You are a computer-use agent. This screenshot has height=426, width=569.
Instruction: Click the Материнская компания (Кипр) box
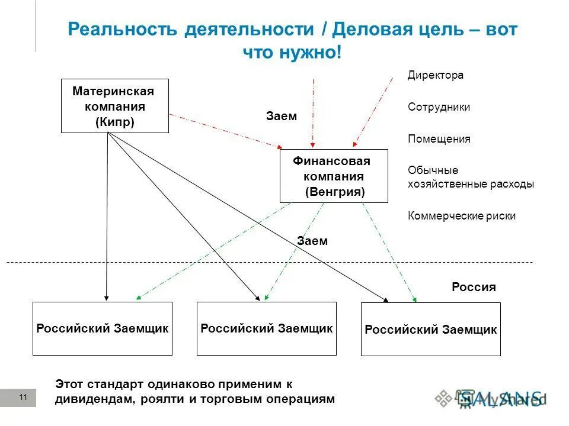click(115, 106)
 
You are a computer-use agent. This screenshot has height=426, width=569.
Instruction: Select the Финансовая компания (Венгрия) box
click(334, 176)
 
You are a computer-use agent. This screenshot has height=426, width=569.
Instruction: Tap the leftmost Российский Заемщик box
click(103, 329)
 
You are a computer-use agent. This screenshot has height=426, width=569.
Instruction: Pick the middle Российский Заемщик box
click(266, 328)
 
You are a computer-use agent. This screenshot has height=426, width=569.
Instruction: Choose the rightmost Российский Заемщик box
click(430, 330)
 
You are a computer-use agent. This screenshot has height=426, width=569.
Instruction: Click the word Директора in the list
click(436, 76)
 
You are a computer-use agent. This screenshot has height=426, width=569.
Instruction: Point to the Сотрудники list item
click(439, 107)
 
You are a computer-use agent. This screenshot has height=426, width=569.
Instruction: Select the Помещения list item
click(439, 139)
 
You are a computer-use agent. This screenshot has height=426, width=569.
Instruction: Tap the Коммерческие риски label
click(462, 216)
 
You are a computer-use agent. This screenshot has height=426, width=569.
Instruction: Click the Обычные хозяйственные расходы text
click(471, 177)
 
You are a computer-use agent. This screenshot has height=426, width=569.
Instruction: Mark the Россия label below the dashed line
click(474, 288)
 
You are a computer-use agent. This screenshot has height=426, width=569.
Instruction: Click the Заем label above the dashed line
click(312, 241)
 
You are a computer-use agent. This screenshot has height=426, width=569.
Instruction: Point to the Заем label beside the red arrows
click(282, 117)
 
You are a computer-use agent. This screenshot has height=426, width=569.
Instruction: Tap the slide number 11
click(23, 398)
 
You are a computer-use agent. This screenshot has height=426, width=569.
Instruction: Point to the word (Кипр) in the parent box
click(114, 122)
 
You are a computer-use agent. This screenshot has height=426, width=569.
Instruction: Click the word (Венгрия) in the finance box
click(335, 192)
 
